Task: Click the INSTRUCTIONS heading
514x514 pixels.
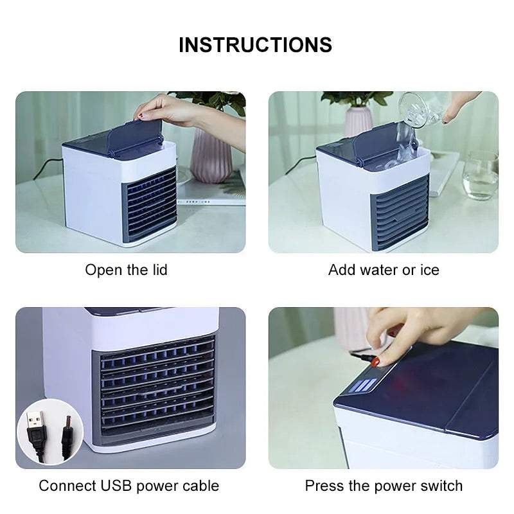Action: [x=255, y=45]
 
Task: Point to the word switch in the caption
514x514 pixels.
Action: [x=439, y=486]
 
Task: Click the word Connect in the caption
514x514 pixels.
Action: [x=65, y=486]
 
